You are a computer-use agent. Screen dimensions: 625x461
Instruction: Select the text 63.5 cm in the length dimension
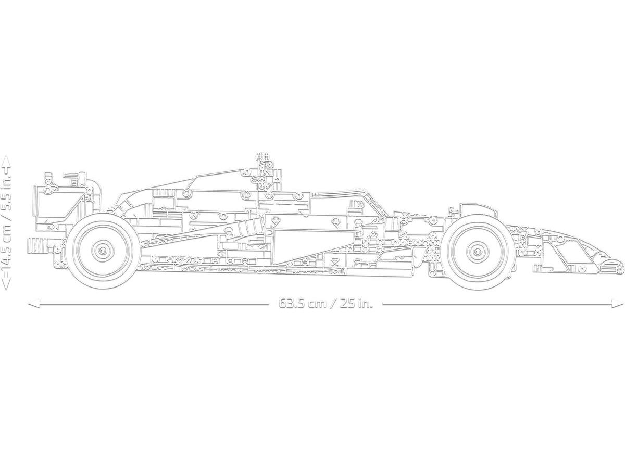tap(303, 304)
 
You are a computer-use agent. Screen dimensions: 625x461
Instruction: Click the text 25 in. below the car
tap(357, 304)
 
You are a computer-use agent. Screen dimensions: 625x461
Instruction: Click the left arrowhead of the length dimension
tap(33, 304)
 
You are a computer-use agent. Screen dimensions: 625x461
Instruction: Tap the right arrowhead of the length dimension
tap(617, 304)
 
